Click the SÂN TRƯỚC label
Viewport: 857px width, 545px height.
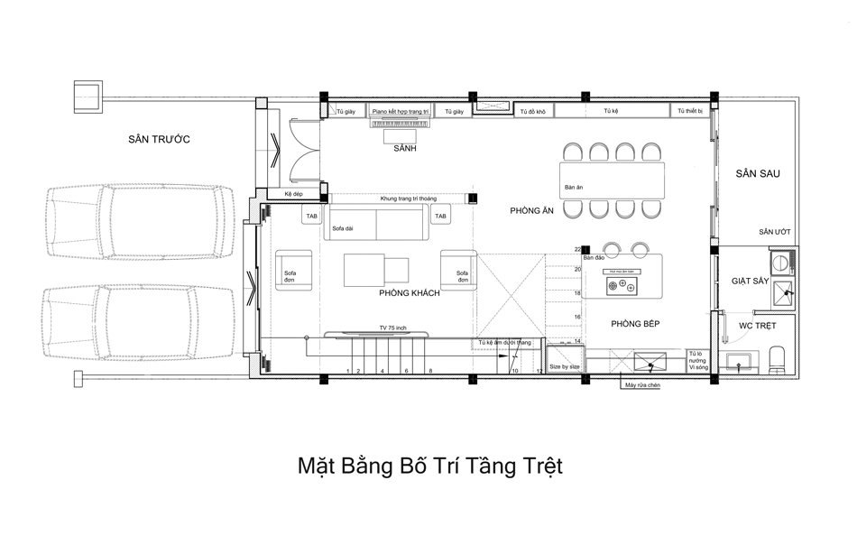pos(159,138)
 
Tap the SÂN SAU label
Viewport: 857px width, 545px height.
pos(757,173)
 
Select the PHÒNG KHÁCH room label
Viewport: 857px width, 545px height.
pos(409,293)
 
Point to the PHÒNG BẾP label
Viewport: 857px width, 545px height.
pos(638,323)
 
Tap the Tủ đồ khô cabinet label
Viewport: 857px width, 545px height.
pos(531,111)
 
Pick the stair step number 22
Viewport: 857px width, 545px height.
pos(577,249)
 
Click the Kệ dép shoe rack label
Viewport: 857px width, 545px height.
pos(292,195)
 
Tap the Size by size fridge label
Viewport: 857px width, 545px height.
pos(564,367)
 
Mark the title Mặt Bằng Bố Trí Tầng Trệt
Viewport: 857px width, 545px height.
pos(429,466)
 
